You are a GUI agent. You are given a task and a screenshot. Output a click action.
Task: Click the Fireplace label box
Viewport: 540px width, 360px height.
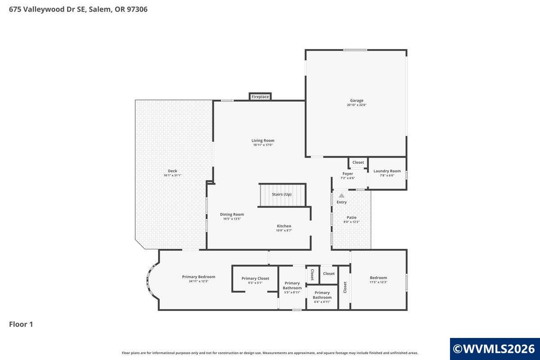[x=260, y=96]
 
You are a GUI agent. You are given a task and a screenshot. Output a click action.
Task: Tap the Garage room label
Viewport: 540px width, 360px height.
[x=356, y=100]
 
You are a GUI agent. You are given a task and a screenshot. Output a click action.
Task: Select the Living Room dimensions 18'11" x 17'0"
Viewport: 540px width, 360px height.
[x=263, y=145]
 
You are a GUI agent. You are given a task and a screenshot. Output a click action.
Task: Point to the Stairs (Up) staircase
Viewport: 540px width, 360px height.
[x=282, y=195]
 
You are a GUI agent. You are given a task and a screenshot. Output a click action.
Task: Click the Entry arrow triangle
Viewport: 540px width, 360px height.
[x=342, y=196]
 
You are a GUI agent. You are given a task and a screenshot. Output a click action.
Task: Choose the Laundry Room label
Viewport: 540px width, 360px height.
[x=387, y=171]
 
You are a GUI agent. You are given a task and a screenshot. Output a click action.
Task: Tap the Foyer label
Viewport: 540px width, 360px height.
[x=347, y=174]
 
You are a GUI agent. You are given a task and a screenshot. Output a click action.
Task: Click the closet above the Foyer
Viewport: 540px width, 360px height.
[x=358, y=162]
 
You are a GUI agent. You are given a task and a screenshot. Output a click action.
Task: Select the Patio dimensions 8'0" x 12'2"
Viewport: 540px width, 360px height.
[x=351, y=222]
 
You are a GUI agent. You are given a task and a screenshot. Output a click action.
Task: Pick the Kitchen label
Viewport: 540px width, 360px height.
[x=284, y=226]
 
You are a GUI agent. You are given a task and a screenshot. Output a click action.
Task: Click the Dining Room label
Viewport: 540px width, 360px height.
[x=232, y=214]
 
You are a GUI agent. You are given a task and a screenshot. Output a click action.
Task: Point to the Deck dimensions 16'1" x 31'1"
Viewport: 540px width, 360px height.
[x=172, y=175]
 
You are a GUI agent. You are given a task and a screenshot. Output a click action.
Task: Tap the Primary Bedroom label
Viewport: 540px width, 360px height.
[x=198, y=277]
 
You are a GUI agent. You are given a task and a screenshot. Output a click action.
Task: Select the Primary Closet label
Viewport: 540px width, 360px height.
[x=255, y=279]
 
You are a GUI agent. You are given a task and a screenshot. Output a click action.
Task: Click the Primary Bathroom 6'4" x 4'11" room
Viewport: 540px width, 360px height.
[x=322, y=297]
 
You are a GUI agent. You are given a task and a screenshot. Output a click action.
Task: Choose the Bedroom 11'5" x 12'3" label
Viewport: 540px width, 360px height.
[x=378, y=278]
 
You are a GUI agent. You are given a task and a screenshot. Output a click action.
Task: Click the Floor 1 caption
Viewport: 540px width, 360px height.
[x=21, y=324]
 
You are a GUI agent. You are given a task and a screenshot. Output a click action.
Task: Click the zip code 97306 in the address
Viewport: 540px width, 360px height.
[x=137, y=9]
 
